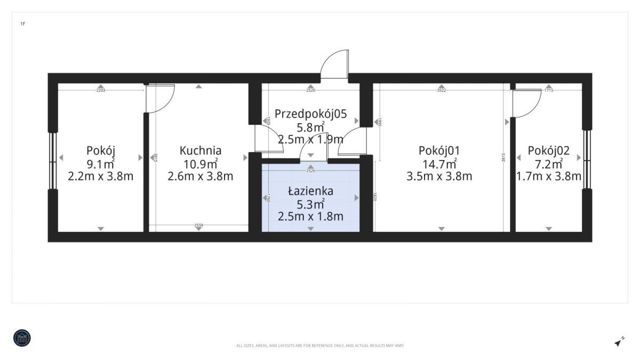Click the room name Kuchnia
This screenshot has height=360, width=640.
coord(200,150)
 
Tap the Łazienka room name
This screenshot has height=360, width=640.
coord(310,191)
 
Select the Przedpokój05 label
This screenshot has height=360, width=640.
coord(310,114)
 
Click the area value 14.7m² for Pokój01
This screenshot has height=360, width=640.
coord(438,163)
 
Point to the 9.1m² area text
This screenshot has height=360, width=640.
coord(100,163)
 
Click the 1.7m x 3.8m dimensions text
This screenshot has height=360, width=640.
coord(548,176)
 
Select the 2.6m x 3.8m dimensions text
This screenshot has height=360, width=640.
coord(200,176)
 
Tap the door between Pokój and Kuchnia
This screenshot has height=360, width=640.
coord(160,99)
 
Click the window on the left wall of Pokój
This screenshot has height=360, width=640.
coord(53,160)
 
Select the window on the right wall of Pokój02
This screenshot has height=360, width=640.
coord(587,160)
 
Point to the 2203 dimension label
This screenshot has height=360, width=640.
coord(100,90)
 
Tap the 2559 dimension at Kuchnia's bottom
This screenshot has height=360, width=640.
coord(198,226)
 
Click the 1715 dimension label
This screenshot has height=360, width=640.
coord(548,90)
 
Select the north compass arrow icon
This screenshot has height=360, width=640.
coord(619,342)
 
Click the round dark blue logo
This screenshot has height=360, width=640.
coord(22,338)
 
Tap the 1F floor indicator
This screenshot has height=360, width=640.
coord(22,24)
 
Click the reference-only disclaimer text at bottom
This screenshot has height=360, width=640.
coord(320,346)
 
